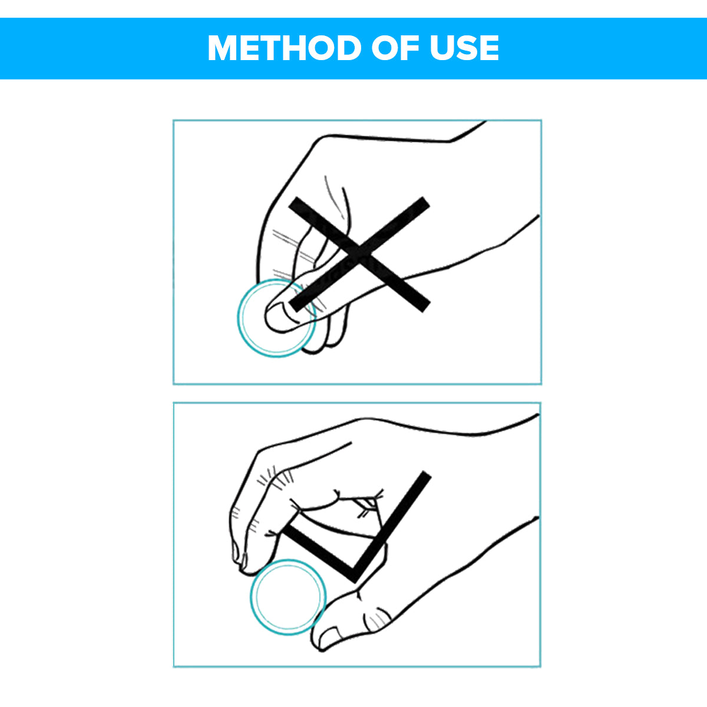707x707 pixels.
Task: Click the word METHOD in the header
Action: pyautogui.click(x=285, y=48)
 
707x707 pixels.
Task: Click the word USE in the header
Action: pyautogui.click(x=464, y=48)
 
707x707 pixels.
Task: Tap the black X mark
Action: pyautogui.click(x=359, y=255)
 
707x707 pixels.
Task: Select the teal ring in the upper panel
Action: pyautogui.click(x=239, y=318)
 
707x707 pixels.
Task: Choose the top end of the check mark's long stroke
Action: pyautogui.click(x=427, y=475)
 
